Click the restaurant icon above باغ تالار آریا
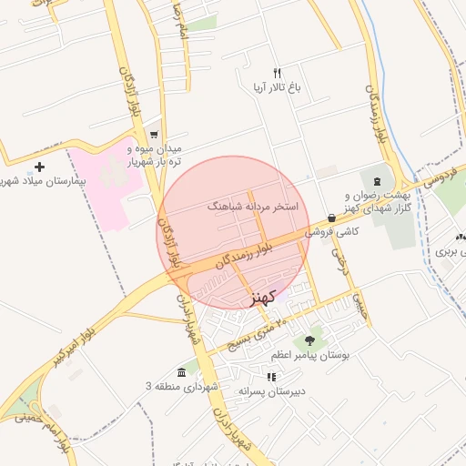(x=278, y=72)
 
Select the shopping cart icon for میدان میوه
(x=154, y=133)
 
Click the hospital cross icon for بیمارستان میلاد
(x=39, y=167)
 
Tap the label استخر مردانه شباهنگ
(x=253, y=207)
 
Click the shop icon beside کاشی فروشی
(x=331, y=218)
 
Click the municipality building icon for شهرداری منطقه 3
(x=183, y=373)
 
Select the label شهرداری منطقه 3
(x=183, y=387)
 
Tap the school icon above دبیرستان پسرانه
(x=270, y=377)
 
